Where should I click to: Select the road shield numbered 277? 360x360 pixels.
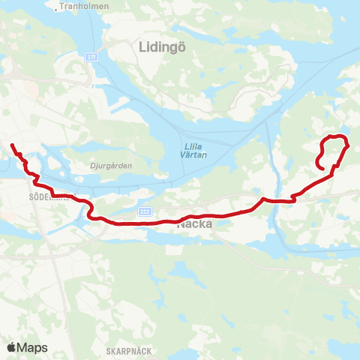coord(91,56)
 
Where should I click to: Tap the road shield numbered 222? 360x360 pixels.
coord(145,212)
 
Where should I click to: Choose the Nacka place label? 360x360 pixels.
coord(194,223)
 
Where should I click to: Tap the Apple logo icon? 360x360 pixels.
coord(12,347)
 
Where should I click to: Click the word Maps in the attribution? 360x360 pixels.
coord(32,347)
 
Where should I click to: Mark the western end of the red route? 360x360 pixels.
coord(11,143)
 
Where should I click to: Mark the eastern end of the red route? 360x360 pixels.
coord(322,169)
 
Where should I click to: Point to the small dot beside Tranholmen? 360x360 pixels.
coord(58,10)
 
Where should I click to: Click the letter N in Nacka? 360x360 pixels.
coord(181,223)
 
